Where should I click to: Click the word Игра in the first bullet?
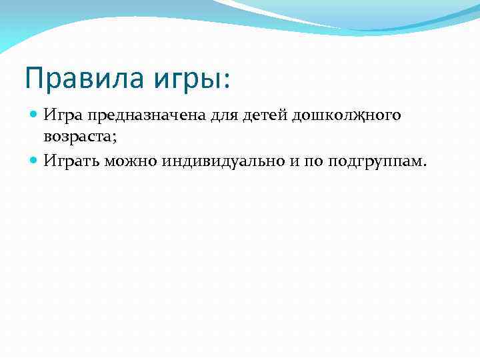coord(62,116)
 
